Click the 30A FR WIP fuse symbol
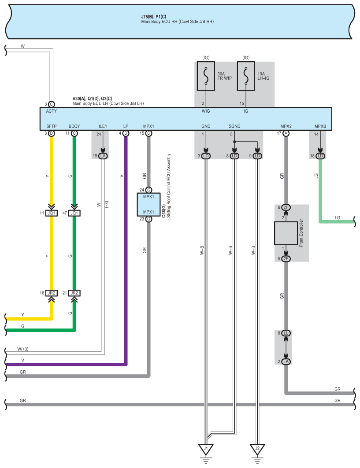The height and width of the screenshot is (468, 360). coord(206,76)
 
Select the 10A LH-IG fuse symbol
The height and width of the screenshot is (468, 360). coord(246,76)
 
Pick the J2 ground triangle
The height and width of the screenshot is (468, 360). coord(257,449)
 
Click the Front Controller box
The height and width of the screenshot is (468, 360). coord(286,233)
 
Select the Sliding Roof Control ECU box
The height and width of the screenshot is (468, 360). coord(148,204)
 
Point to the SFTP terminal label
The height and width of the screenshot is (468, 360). coord(52,126)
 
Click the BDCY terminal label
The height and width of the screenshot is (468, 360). coord(74,126)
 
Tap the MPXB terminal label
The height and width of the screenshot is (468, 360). coord(320,126)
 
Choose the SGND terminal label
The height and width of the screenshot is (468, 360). coord(234,126)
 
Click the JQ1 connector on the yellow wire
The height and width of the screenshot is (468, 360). coord(52,213)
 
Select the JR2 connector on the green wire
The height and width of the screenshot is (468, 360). coord(74,293)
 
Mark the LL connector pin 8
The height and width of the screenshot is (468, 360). coord(286,333)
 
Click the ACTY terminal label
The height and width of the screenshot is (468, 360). coord(52,111)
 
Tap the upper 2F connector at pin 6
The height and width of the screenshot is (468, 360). coord(286,207)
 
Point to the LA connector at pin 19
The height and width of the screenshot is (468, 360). coord(103,156)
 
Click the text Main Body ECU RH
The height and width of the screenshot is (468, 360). coord(159,22)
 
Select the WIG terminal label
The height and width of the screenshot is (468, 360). coord(206,111)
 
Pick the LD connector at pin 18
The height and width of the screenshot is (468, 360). coord(320,156)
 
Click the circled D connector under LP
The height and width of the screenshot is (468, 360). coord(126,133)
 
